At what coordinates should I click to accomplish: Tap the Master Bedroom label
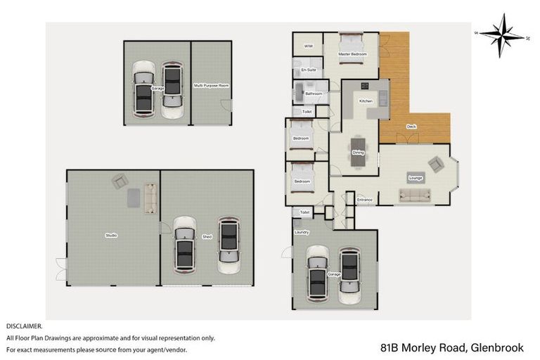[x=352, y=54]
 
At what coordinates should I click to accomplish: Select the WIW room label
[x=307, y=46]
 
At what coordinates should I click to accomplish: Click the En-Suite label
[x=308, y=71]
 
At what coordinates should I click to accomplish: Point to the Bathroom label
[x=314, y=94]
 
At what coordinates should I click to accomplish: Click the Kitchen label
[x=366, y=101]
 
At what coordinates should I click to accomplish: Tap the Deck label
[x=411, y=127]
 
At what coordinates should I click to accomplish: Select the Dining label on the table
[x=358, y=153]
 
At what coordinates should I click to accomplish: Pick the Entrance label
[x=364, y=200]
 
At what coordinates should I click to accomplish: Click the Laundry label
[x=302, y=230]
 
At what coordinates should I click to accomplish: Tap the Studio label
[x=111, y=236]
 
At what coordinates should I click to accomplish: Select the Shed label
[x=207, y=237]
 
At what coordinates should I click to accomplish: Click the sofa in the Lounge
[x=416, y=195]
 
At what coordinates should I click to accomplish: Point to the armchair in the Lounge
[x=437, y=165]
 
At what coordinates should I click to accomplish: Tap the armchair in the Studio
[x=120, y=181]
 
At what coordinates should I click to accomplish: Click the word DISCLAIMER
[x=25, y=326]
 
